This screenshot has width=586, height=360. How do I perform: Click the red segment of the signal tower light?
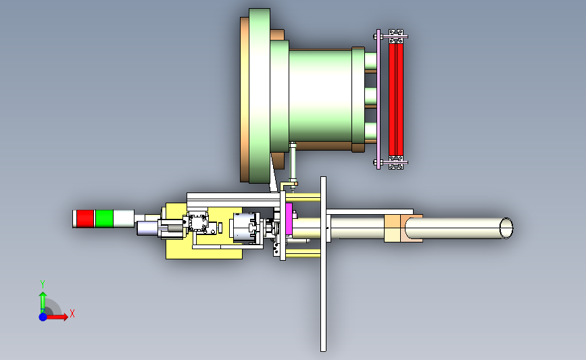click(x=85, y=218)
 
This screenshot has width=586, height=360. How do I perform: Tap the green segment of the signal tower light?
click(x=104, y=218)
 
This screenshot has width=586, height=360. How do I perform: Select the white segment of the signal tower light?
click(x=124, y=218)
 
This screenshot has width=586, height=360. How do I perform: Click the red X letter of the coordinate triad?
click(x=72, y=313)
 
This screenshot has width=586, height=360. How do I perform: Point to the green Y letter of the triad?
click(x=43, y=284)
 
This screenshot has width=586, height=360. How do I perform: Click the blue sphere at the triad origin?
click(x=43, y=317)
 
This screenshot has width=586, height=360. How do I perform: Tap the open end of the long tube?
click(x=506, y=228)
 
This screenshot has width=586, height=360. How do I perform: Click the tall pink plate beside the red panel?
click(x=379, y=99)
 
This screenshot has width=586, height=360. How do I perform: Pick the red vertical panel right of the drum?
click(x=396, y=99)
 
